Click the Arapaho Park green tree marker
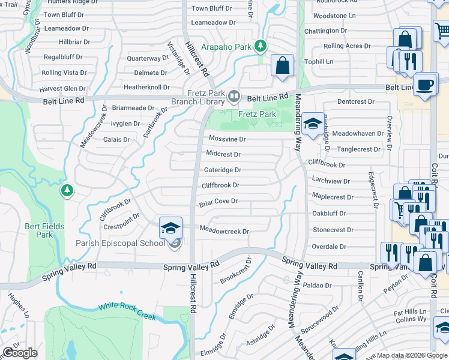[260, 46]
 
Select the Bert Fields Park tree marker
[67, 191]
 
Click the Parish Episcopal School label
[120, 243]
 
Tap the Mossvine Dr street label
[227, 139]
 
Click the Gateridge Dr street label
[223, 170]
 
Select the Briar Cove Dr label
[218, 202]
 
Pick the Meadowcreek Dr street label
[224, 231]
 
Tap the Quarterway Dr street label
[148, 58]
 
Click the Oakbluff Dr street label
[329, 213]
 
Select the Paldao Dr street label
[317, 285]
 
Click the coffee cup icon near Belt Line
[426, 85]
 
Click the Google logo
[20, 353]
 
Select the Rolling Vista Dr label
[64, 73]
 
